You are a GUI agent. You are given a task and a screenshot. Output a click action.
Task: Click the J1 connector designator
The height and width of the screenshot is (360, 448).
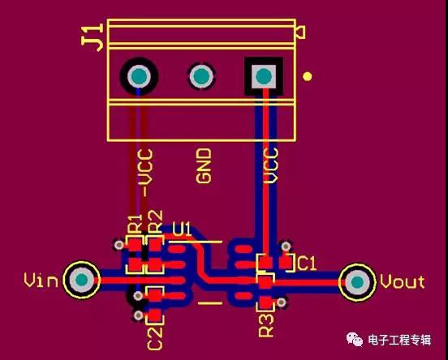click(x=93, y=37)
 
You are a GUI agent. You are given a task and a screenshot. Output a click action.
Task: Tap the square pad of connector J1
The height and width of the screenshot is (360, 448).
click(x=264, y=76)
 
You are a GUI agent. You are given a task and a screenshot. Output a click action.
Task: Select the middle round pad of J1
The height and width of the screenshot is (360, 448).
click(x=201, y=76)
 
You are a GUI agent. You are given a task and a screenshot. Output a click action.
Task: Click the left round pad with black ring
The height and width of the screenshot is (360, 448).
click(x=139, y=76)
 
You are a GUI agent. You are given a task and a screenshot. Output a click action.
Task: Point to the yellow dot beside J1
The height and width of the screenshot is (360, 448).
click(x=307, y=76)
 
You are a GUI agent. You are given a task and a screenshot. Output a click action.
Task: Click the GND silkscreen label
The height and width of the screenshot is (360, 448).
click(x=204, y=165)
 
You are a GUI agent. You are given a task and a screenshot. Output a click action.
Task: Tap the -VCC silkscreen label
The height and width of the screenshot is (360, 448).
click(x=145, y=173)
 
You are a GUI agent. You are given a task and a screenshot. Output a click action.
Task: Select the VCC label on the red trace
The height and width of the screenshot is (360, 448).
click(x=270, y=165)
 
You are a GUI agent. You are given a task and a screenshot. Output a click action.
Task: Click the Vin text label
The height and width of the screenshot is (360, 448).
click(x=41, y=280)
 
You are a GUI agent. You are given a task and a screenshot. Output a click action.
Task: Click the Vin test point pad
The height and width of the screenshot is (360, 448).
click(x=82, y=280)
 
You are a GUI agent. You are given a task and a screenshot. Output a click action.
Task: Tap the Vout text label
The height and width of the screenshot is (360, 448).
click(x=403, y=281)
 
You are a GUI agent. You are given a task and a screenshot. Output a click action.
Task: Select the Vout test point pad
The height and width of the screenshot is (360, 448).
click(x=357, y=282)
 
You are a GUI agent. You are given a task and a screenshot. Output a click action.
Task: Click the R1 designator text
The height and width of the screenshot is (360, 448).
click(x=135, y=224)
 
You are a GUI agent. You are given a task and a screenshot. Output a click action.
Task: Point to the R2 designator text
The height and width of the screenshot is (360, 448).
click(x=155, y=222)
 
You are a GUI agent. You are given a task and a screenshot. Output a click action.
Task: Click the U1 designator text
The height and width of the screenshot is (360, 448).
click(x=182, y=229)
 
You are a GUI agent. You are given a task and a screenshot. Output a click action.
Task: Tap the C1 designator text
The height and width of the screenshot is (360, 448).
click(x=307, y=263)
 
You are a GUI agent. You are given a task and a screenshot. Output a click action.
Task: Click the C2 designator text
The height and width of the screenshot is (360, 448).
click(x=155, y=338)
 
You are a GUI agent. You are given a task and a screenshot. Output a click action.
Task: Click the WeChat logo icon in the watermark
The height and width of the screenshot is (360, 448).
click(x=355, y=339)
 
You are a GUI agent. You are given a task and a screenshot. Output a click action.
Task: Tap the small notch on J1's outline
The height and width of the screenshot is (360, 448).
click(x=300, y=32)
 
